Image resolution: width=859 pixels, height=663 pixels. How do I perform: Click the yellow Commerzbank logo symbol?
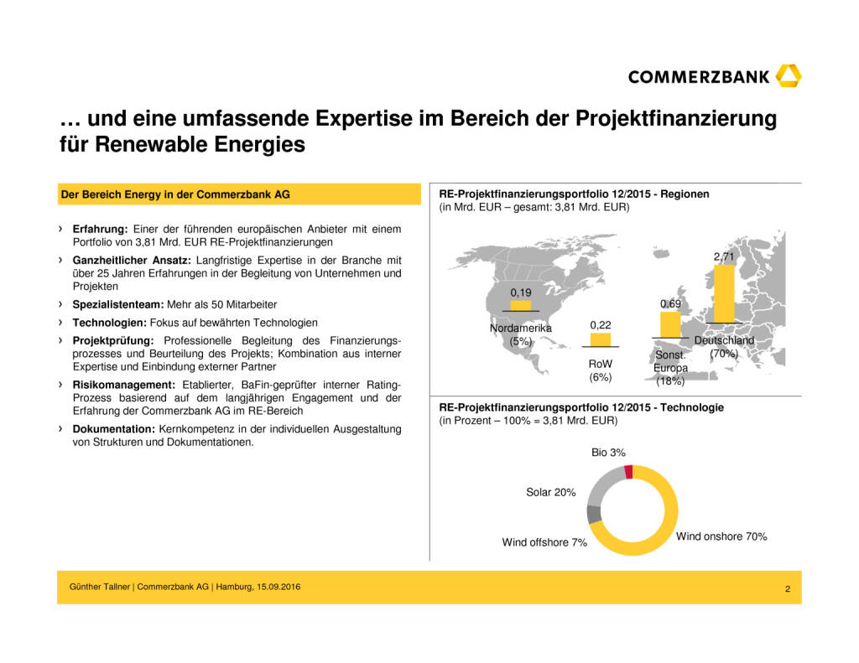click(x=789, y=76)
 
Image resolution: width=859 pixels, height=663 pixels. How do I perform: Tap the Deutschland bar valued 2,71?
click(x=723, y=293)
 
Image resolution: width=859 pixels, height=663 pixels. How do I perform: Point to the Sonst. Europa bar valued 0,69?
click(x=669, y=324)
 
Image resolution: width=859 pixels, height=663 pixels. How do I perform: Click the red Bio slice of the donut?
click(x=628, y=472)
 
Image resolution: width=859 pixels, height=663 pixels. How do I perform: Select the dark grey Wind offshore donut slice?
click(x=594, y=514)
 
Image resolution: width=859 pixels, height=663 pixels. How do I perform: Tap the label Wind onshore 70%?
click(x=721, y=536)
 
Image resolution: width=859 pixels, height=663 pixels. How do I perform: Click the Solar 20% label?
click(x=550, y=492)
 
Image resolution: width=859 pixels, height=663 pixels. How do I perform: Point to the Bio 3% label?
click(x=608, y=453)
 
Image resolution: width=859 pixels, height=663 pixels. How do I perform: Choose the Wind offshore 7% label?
click(x=544, y=542)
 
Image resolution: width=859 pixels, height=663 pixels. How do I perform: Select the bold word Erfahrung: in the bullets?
click(x=98, y=229)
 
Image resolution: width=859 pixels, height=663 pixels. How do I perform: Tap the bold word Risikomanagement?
click(x=122, y=385)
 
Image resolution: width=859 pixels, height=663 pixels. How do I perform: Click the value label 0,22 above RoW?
click(x=600, y=324)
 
